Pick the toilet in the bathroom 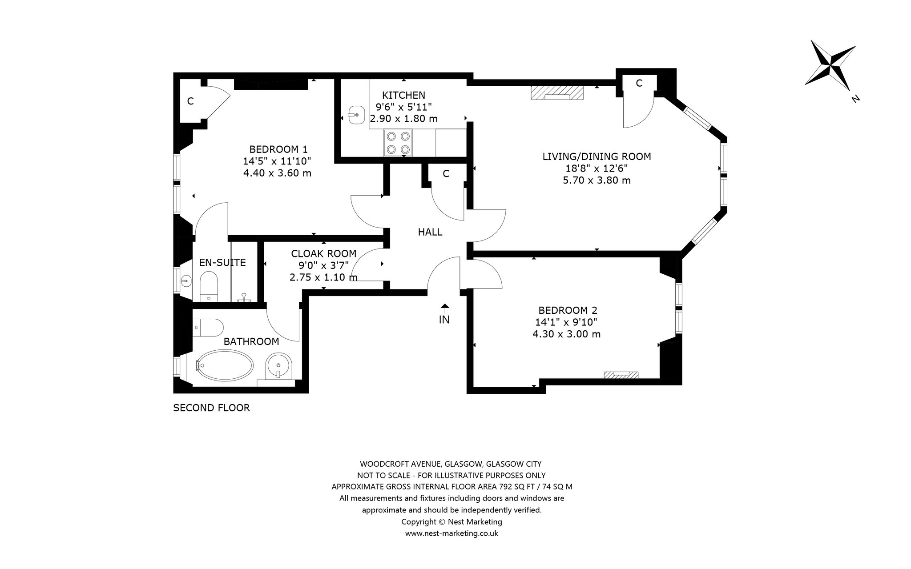coord(208,327)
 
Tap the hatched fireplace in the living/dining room coord(557,93)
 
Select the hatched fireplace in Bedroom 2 coord(621,375)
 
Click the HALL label coord(430,232)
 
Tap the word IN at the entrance coord(444,319)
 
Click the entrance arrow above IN coord(444,308)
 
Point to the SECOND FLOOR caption coord(211,408)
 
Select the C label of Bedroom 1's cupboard coord(190,101)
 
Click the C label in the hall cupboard coord(446,174)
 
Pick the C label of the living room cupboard coord(639,83)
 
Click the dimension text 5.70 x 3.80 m coord(597,180)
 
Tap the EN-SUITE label coord(222,262)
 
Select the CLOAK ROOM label coord(324,253)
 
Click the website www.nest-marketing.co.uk coord(451,533)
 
